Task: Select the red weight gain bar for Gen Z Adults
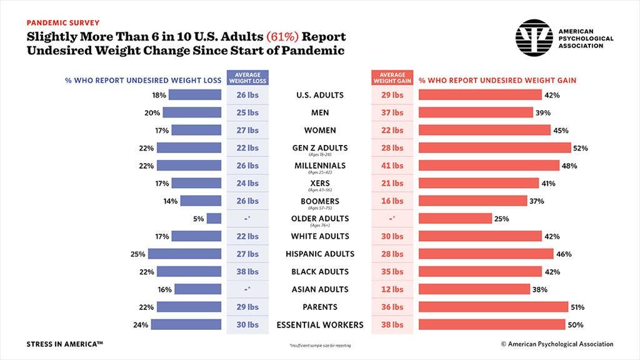[494, 148]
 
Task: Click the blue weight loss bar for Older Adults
[214, 219]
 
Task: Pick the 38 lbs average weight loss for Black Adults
[247, 272]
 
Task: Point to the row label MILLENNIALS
[320, 166]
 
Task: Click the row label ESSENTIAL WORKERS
[319, 325]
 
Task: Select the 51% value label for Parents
[579, 307]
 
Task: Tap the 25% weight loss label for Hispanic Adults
[137, 254]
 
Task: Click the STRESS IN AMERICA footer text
[64, 344]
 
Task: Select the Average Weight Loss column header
[247, 77]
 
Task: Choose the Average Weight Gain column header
[392, 77]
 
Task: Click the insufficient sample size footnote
[319, 345]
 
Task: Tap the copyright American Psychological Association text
[557, 344]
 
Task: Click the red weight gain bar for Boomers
[472, 201]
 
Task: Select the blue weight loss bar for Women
[196, 130]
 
